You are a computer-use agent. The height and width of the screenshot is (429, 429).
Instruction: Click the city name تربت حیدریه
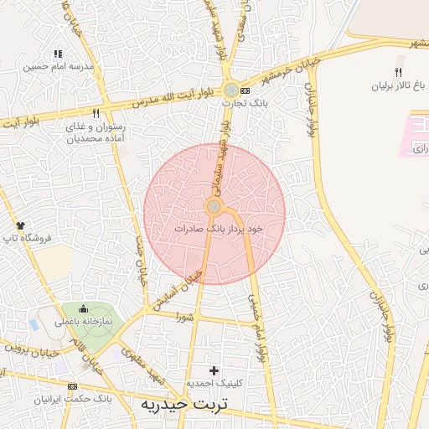[183, 406]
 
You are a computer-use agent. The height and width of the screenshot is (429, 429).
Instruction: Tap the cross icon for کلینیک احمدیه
[214, 370]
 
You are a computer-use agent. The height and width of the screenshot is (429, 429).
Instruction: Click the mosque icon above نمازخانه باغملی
[85, 311]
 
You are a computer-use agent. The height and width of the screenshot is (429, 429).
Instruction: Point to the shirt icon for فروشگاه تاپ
[21, 225]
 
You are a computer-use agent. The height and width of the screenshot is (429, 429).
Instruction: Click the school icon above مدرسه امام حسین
[58, 54]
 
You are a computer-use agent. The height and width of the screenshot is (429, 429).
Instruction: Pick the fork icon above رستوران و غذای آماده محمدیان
[96, 113]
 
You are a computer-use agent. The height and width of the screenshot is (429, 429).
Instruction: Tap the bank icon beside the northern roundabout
[245, 90]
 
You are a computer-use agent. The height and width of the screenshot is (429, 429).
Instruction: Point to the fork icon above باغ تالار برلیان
[399, 72]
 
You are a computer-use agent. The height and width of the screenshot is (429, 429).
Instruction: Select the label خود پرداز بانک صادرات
[219, 228]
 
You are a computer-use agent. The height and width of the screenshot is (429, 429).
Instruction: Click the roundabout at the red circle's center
[214, 207]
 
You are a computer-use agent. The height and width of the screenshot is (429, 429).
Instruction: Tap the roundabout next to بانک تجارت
[230, 88]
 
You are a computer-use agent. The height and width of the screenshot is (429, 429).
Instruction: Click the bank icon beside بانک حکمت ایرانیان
[72, 386]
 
